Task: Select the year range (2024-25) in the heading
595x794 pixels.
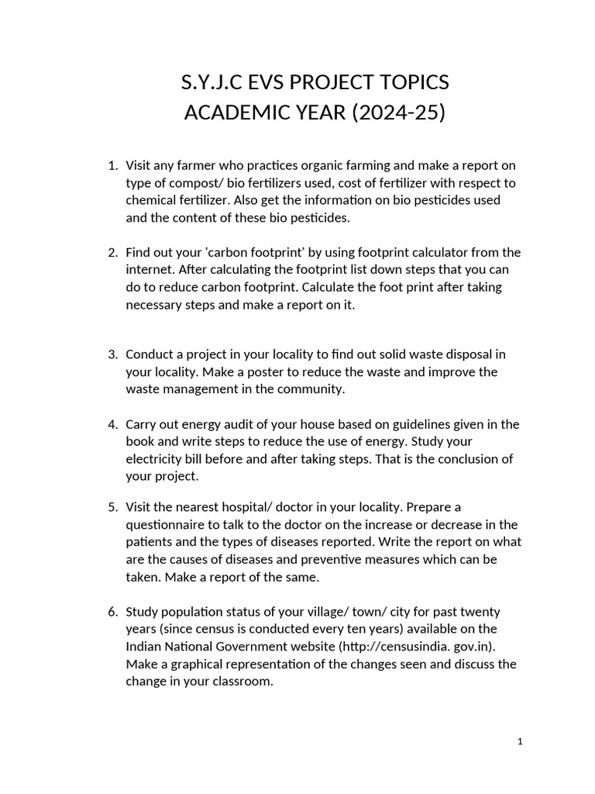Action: click(399, 112)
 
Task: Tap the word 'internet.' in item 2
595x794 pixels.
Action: click(150, 270)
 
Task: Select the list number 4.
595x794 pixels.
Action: click(112, 424)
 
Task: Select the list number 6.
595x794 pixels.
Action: click(112, 611)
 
